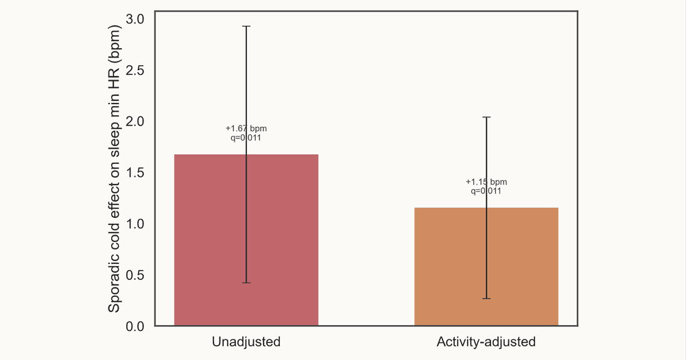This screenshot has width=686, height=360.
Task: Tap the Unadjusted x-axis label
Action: pyautogui.click(x=246, y=341)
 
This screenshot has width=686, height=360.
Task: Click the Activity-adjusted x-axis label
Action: pyautogui.click(x=486, y=341)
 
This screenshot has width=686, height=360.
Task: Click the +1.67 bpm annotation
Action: pyautogui.click(x=246, y=128)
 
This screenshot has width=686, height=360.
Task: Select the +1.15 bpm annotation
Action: pyautogui.click(x=486, y=182)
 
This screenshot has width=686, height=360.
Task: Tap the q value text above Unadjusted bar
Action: pyautogui.click(x=246, y=138)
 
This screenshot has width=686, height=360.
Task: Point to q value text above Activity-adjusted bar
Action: pyautogui.click(x=486, y=191)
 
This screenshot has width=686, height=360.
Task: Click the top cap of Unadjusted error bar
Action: pyautogui.click(x=246, y=26)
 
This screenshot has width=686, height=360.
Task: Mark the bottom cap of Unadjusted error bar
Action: pyautogui.click(x=246, y=283)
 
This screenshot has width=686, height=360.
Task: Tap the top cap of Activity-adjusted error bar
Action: pyautogui.click(x=486, y=117)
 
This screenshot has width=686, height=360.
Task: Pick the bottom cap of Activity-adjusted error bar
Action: pyautogui.click(x=486, y=298)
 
